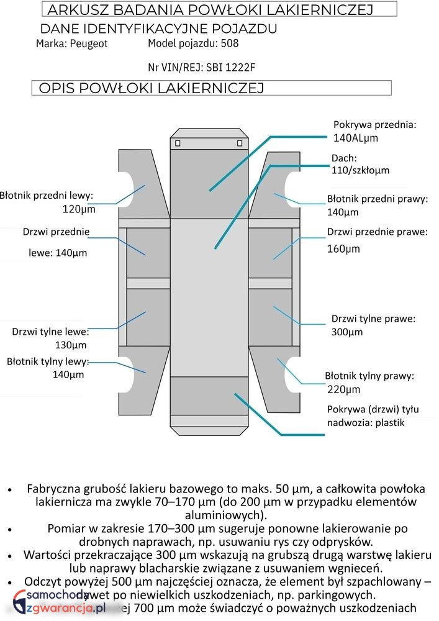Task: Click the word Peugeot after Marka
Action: pos(89,44)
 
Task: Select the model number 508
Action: pos(229,43)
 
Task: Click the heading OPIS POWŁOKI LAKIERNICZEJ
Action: pos(151,88)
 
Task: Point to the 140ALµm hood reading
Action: pos(356,138)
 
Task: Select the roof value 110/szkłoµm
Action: pos(360,170)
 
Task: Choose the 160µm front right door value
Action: pos(343,249)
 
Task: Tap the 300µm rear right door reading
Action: pos(347,332)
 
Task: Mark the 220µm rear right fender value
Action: pos(343,390)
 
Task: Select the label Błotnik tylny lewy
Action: pos(48,361)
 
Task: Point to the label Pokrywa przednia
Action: pos(374,124)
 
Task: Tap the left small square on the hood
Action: pos(178,143)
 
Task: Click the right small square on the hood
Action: pos(240,143)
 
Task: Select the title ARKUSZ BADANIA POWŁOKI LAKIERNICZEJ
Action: pos(210,9)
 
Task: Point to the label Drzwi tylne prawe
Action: pos(373,319)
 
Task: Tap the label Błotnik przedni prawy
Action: pos(378,199)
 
